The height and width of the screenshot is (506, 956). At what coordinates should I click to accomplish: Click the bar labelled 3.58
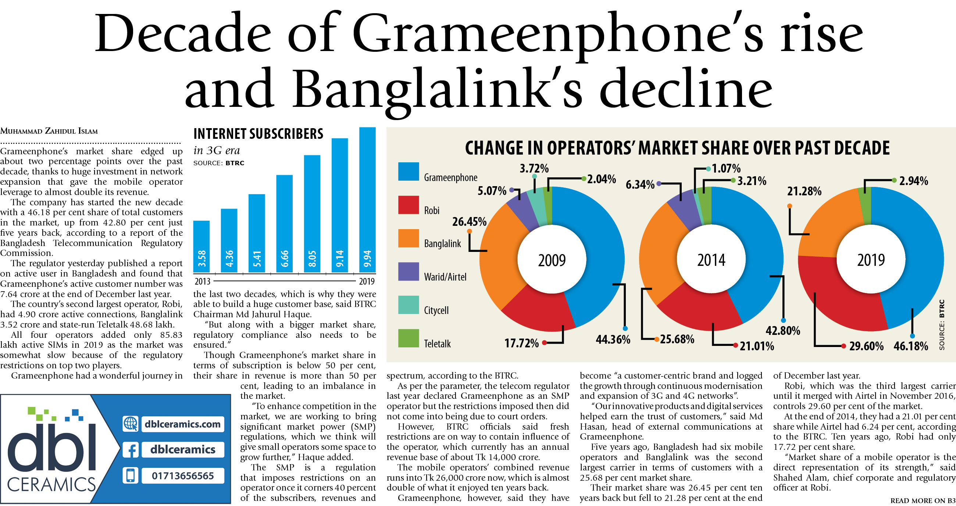coord(201,246)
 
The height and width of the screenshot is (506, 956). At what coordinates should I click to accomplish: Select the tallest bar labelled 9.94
coord(367,200)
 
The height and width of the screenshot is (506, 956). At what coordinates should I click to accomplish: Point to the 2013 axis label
coord(202,281)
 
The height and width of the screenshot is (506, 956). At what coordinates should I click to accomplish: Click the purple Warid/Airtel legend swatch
coord(408,271)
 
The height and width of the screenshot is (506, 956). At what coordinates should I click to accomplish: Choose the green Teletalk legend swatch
coord(408,338)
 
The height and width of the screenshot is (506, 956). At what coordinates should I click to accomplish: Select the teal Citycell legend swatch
coord(408,305)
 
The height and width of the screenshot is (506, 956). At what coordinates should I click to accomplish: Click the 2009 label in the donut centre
coord(552,260)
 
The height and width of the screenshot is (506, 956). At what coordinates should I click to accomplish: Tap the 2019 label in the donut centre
coord(871,260)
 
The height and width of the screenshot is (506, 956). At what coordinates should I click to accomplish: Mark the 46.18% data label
coord(910,346)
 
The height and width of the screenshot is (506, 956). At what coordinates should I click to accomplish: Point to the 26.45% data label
coord(469,222)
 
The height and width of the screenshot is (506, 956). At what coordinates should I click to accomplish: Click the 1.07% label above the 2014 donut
coord(726,169)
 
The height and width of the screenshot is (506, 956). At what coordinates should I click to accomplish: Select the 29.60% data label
coord(866,346)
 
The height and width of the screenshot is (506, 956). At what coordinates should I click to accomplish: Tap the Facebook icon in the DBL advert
coord(131,450)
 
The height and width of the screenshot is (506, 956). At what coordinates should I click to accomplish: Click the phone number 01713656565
coord(183,476)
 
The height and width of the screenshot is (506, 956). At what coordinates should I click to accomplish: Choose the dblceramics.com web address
coord(183,424)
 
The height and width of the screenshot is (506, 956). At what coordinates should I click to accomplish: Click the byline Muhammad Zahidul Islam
coord(49,131)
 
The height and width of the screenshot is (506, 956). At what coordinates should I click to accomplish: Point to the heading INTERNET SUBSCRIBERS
coord(258,134)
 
